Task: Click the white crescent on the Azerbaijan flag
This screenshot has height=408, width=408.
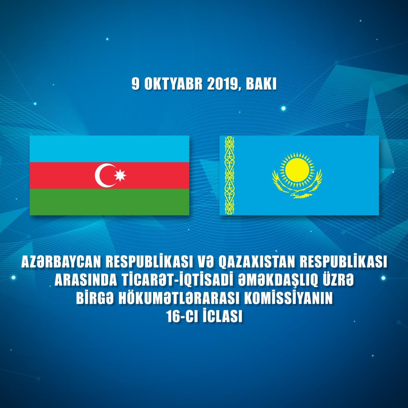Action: click(x=99, y=176)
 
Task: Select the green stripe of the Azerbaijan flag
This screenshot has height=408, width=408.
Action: click(x=109, y=202)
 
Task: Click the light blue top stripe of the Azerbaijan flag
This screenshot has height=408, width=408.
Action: click(x=109, y=149)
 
